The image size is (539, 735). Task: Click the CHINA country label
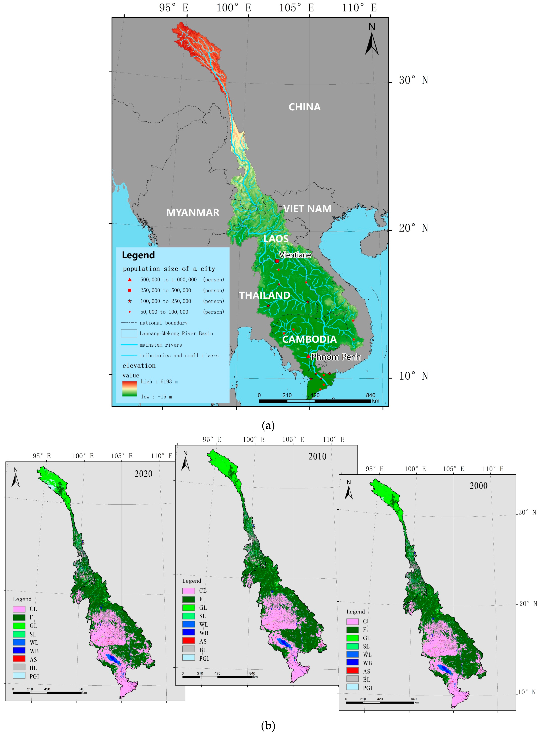304,107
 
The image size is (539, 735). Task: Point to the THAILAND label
265,295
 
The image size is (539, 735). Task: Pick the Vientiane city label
295,255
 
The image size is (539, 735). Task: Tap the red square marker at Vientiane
277,261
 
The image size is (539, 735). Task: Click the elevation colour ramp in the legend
130,389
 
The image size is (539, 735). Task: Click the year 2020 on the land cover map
143,474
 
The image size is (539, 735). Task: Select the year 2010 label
317,456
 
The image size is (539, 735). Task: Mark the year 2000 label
478,486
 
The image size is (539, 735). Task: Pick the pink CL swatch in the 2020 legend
19,609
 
